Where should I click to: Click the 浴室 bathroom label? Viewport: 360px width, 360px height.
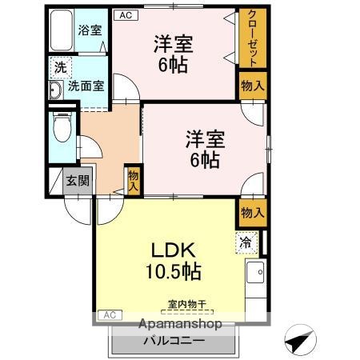coord(90,30)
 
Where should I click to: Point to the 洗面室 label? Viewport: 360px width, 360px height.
coord(85,85)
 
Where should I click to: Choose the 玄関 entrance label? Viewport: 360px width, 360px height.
coord(78,180)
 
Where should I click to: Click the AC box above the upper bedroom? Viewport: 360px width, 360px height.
coord(125,14)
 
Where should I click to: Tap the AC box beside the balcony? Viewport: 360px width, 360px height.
coord(110,315)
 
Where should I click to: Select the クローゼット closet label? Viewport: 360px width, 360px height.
coord(252,39)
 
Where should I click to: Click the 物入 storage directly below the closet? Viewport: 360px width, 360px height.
coord(252,86)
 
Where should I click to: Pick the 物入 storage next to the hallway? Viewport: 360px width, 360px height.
coord(134,181)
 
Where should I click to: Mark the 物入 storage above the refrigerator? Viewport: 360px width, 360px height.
coord(252,212)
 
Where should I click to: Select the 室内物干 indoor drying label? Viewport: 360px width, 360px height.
coord(186,304)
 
